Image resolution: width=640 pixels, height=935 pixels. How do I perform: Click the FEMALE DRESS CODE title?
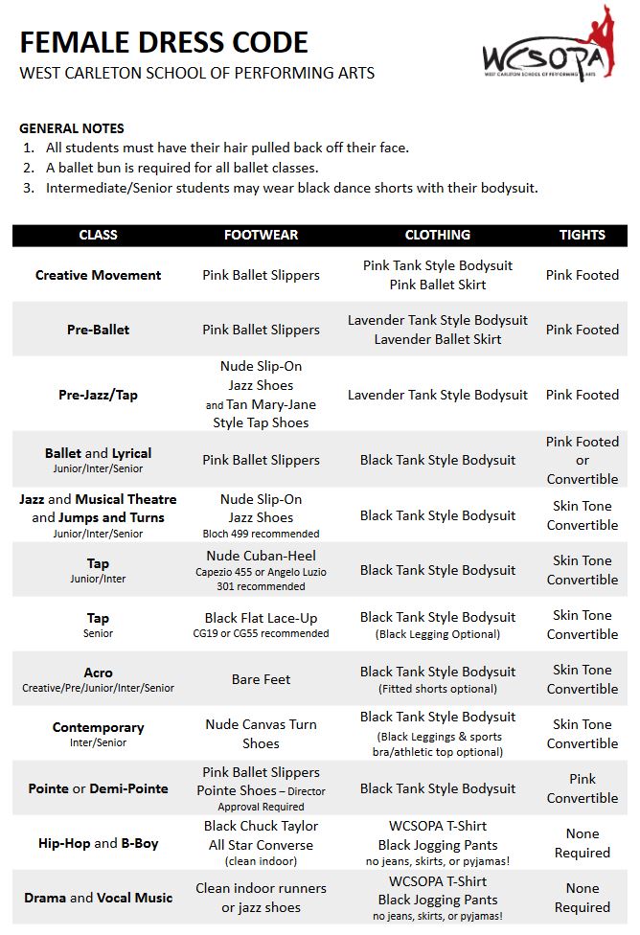(164, 42)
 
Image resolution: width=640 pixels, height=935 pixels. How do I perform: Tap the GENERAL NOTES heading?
(72, 128)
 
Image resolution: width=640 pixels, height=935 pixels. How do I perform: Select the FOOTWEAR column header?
(261, 235)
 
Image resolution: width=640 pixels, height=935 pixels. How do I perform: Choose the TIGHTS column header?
(583, 235)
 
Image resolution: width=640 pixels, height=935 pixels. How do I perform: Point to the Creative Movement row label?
(98, 275)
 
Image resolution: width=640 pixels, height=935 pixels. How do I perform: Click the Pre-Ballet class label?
(98, 330)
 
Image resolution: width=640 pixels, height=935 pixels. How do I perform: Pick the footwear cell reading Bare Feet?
(261, 679)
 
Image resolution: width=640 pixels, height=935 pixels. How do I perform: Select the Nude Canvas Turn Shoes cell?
(261, 734)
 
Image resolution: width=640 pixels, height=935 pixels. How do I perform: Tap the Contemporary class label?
(98, 728)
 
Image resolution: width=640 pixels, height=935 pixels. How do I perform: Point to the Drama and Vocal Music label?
(98, 898)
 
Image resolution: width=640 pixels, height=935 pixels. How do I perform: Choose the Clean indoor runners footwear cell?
(261, 898)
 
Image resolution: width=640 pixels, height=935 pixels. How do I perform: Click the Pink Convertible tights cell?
(583, 788)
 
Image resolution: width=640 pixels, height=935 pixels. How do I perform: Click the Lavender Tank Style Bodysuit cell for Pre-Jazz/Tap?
(438, 395)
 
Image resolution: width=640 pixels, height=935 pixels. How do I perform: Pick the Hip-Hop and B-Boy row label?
(98, 843)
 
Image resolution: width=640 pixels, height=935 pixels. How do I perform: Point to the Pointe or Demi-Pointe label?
(98, 788)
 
